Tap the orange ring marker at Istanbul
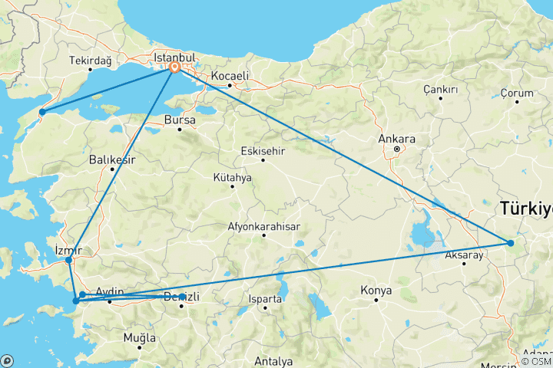(x=175, y=67)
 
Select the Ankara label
(x=397, y=139)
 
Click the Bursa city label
(x=180, y=120)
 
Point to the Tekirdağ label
(x=90, y=61)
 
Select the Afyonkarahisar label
(x=263, y=227)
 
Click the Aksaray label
(x=464, y=255)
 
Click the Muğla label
(x=140, y=337)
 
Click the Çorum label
(x=517, y=94)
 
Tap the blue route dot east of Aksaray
(x=511, y=244)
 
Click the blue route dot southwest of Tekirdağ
(x=42, y=113)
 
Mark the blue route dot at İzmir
(x=69, y=260)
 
